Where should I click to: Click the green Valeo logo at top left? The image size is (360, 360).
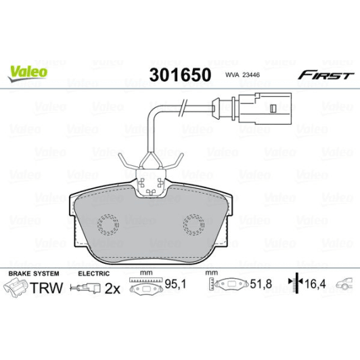27,70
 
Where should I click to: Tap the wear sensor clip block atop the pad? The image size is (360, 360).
152,181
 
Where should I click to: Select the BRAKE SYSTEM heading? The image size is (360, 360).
33,273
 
